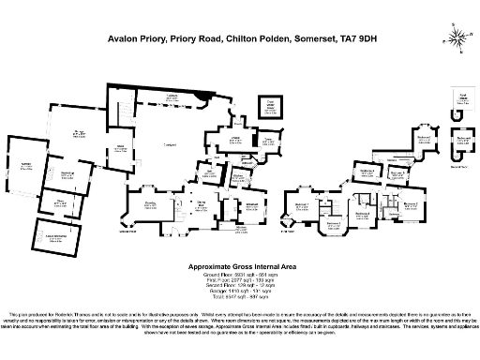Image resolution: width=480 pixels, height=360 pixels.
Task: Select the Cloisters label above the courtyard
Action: click(x=172, y=97)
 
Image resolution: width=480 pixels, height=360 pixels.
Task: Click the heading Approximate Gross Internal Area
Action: click(x=239, y=267)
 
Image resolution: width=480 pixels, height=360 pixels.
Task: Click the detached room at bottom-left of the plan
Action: click(x=57, y=235)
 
